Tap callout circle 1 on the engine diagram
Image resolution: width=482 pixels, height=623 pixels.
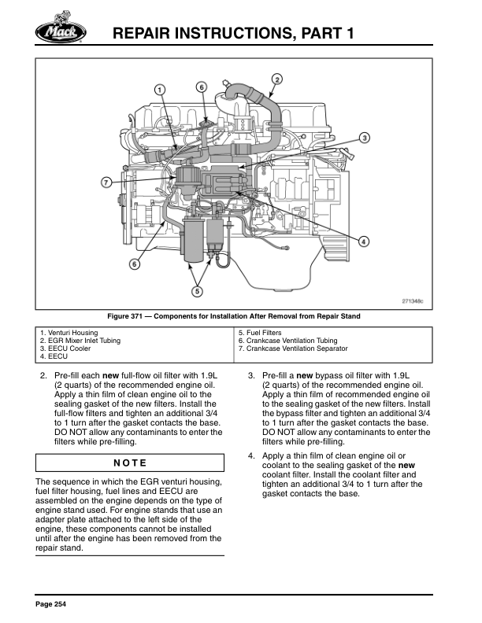click(x=160, y=90)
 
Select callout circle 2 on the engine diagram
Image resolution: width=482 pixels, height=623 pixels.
click(x=277, y=78)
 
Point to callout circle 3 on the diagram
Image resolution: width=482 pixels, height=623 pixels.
click(x=365, y=138)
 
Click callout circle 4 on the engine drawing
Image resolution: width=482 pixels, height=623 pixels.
click(x=364, y=241)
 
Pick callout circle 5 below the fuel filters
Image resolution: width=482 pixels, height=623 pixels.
click(x=197, y=291)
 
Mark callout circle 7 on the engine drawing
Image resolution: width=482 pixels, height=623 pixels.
click(x=106, y=182)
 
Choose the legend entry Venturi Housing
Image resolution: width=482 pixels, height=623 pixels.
click(x=71, y=333)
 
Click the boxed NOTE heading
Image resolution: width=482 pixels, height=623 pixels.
click(x=130, y=463)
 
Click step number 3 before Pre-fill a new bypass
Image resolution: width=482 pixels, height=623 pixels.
click(x=250, y=375)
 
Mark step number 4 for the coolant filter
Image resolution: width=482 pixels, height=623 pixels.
click(x=250, y=456)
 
